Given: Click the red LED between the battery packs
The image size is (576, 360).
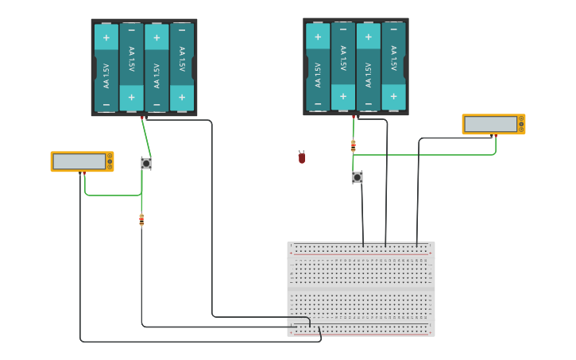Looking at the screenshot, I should pyautogui.click(x=302, y=157).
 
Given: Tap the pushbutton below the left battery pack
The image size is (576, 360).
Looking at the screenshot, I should pyautogui.click(x=146, y=163).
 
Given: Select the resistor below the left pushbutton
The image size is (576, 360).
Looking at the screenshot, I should pyautogui.click(x=141, y=219).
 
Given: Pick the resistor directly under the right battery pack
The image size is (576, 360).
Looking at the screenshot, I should pyautogui.click(x=354, y=145).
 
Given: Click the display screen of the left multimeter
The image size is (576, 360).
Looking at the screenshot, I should pyautogui.click(x=79, y=161).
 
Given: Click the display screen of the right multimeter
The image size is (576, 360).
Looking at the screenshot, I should pyautogui.click(x=490, y=124).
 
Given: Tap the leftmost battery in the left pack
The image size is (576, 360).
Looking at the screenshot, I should pyautogui.click(x=106, y=68).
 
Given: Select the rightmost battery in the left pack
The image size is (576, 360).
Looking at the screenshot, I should pyautogui.click(x=182, y=68).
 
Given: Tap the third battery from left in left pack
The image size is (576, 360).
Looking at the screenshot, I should pyautogui.click(x=157, y=68).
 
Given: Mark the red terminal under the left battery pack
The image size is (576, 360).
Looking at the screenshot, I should pyautogui.click(x=142, y=118).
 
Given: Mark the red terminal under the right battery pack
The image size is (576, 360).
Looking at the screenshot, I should pyautogui.click(x=354, y=117).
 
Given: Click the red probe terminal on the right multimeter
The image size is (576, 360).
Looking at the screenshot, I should pyautogui.click(x=496, y=136).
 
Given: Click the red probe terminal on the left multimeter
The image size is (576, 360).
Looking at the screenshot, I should pyautogui.click(x=84, y=173).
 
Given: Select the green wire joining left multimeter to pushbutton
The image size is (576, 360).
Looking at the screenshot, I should pyautogui.click(x=111, y=195).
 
